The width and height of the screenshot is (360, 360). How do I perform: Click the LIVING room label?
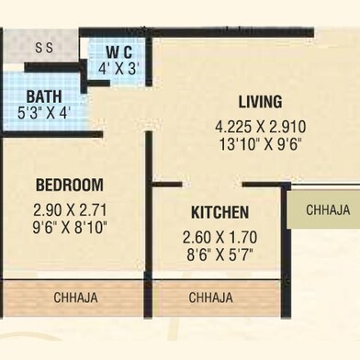point(260,102)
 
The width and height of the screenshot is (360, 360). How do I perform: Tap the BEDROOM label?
point(70,185)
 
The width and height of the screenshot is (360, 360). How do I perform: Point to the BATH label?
point(43,96)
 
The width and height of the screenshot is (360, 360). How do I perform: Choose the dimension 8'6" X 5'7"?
point(219,252)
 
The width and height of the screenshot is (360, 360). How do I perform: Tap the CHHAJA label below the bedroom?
point(76,298)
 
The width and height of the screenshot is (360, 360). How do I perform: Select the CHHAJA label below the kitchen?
point(210,298)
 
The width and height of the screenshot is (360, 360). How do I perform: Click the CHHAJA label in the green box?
point(328,210)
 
